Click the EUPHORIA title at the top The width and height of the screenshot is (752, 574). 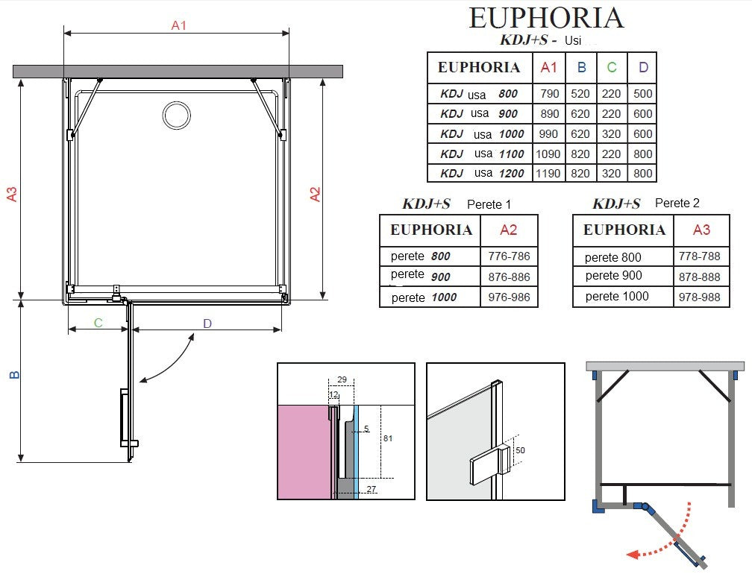(x=546, y=18)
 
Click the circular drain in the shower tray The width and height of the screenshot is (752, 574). (x=177, y=116)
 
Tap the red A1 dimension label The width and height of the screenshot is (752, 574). (x=178, y=25)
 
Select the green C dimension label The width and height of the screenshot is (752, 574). (x=98, y=323)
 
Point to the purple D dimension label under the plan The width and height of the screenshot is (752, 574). (x=207, y=324)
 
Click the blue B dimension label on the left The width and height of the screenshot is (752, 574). (x=15, y=374)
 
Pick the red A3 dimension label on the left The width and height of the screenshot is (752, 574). (x=12, y=194)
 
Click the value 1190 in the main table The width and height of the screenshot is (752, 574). (x=548, y=174)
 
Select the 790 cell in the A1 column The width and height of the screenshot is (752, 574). (x=550, y=93)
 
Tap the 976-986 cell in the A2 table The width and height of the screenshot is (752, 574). (x=509, y=297)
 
